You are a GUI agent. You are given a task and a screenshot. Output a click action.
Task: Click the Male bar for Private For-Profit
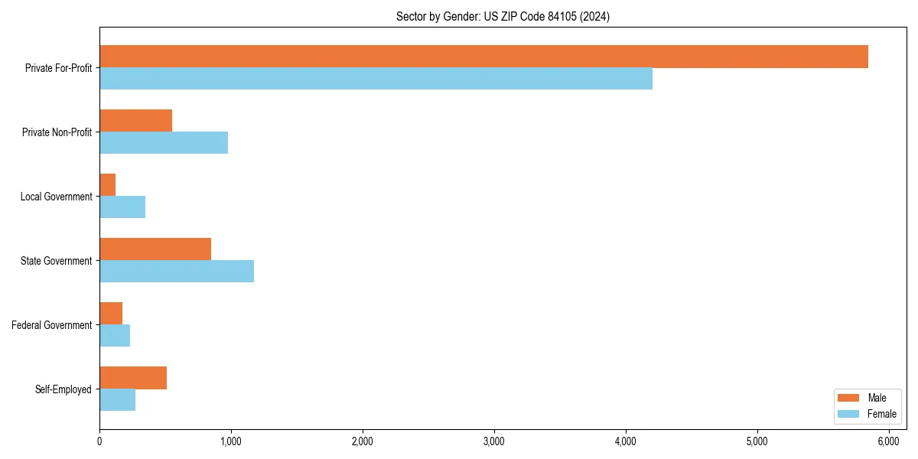point(483,57)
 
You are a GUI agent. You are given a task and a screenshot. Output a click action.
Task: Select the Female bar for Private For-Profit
point(376,79)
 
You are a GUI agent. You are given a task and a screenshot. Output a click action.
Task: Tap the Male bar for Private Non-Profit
point(135,121)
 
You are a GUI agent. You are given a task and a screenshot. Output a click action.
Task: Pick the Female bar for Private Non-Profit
point(164,143)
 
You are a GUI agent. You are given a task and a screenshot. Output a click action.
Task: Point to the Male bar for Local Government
point(108,185)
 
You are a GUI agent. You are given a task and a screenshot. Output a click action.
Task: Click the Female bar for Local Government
point(122,207)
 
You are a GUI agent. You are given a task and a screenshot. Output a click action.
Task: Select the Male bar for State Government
point(155,249)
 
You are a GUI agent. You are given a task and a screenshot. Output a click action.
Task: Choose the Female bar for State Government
point(177,272)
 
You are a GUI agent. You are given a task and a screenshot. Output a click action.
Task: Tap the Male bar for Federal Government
point(111,314)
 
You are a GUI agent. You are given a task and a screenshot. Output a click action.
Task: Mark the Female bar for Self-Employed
point(117,400)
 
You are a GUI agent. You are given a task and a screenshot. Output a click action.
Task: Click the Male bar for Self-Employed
point(133,378)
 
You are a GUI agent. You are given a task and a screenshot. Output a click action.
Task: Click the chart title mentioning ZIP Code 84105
point(503,16)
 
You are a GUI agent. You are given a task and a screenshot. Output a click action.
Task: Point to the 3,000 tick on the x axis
point(494,441)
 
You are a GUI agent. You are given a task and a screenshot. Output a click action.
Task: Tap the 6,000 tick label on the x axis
point(888,441)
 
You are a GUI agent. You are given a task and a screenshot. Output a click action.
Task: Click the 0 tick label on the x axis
point(99,441)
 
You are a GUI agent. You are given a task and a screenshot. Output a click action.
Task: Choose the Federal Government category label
point(52,325)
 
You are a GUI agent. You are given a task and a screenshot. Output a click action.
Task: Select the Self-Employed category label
point(63,389)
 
